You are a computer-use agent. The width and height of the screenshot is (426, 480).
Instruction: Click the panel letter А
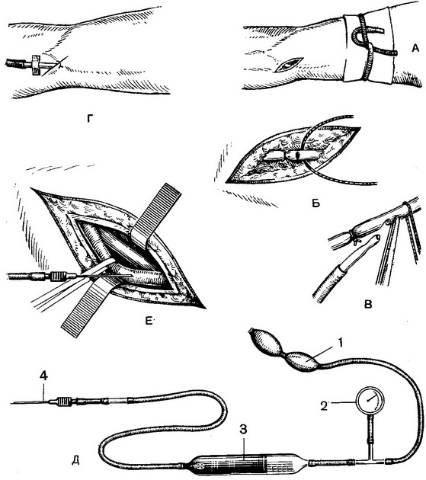(x=415, y=48)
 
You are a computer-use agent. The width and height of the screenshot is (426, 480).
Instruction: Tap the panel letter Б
(x=316, y=203)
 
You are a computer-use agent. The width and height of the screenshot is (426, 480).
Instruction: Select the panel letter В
(x=369, y=304)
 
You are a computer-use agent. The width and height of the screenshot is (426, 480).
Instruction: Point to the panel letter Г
(x=89, y=118)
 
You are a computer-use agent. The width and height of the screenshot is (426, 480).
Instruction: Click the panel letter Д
(x=75, y=459)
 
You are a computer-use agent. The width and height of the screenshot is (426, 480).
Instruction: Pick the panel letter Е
(x=149, y=321)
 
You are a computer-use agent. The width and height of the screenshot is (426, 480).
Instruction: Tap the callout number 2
(x=324, y=405)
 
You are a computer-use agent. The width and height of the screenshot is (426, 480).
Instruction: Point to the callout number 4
(x=43, y=376)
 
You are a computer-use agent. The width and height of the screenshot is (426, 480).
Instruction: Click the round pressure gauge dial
(x=370, y=401)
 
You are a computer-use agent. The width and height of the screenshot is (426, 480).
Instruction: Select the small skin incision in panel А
(x=289, y=66)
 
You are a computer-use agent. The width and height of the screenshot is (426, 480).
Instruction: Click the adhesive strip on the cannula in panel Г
(x=37, y=66)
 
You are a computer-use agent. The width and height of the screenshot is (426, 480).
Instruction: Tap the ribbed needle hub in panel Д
(x=65, y=401)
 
